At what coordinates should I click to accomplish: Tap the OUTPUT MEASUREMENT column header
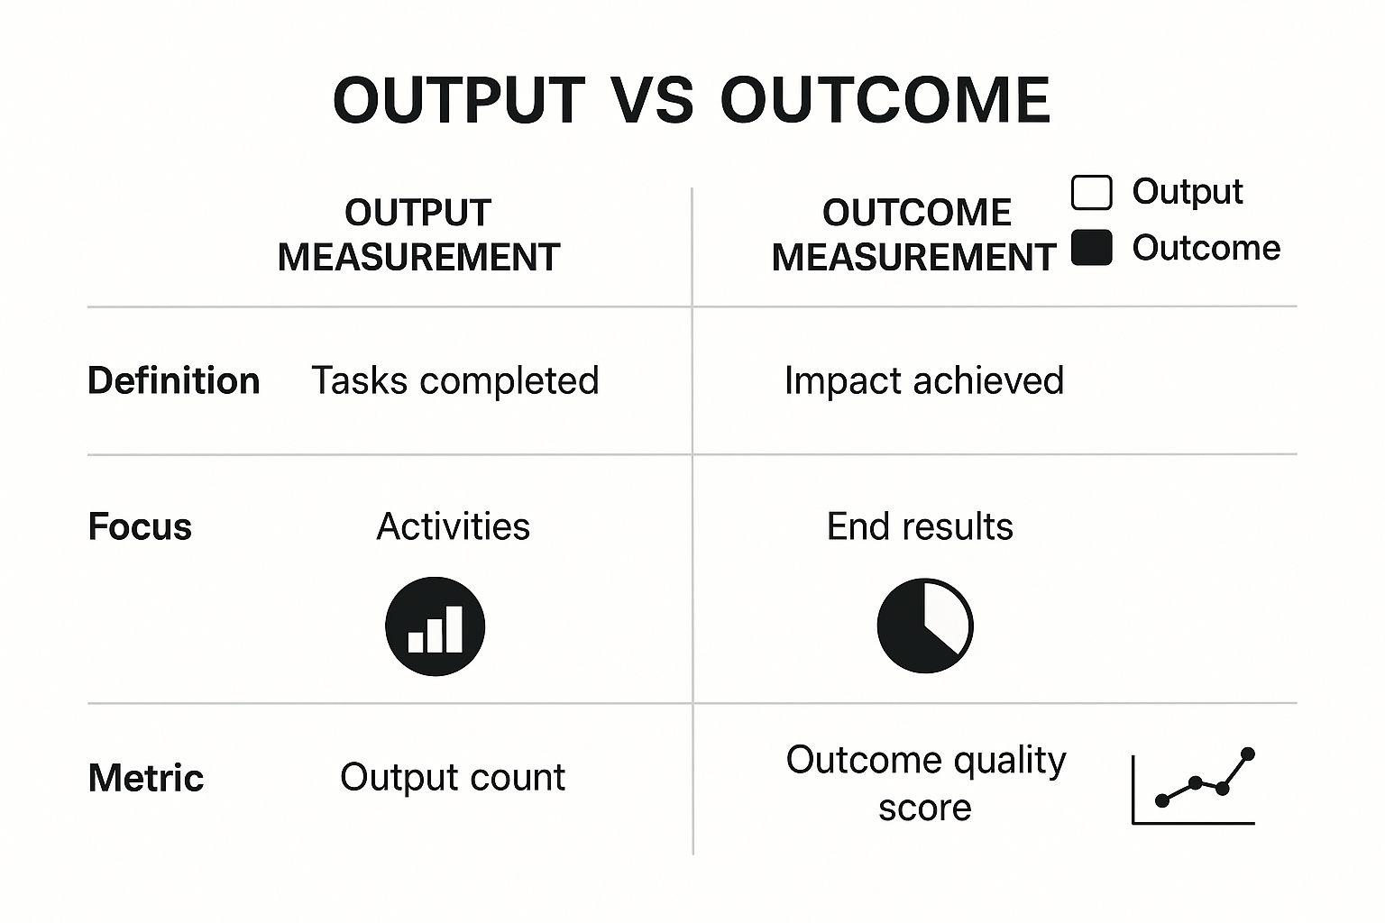[x=418, y=235]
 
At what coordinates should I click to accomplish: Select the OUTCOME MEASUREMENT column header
[x=914, y=235]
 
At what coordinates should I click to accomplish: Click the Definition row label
[x=174, y=381]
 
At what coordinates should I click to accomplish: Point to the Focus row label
[x=140, y=527]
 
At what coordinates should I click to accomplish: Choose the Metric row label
[x=146, y=778]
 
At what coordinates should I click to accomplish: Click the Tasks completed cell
[x=454, y=381]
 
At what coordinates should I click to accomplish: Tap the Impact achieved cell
[x=924, y=381]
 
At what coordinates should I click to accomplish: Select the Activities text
[x=453, y=527]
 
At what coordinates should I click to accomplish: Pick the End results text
[x=920, y=527]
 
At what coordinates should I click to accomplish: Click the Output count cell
[x=453, y=778]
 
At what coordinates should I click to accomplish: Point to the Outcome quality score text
[x=926, y=783]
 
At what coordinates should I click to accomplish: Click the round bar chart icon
[x=435, y=626]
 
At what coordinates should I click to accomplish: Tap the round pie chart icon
[x=925, y=626]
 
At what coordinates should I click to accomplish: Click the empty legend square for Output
[x=1091, y=193]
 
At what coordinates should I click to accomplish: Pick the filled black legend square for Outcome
[x=1091, y=248]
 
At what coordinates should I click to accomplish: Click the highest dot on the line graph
[x=1248, y=754]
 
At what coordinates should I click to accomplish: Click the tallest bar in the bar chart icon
[x=454, y=628]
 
